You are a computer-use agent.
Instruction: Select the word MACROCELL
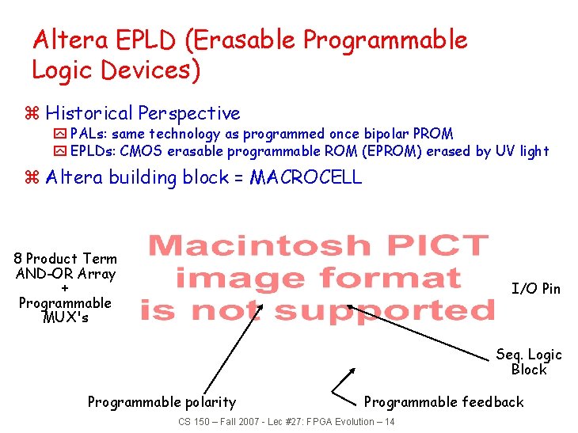click(306, 177)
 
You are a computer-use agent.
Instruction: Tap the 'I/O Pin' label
click(536, 289)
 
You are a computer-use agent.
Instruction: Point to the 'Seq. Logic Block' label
click(529, 362)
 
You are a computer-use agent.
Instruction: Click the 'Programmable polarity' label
click(162, 402)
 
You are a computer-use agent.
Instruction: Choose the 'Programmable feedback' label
click(443, 402)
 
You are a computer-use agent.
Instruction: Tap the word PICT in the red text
click(432, 247)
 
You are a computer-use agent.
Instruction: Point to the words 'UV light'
click(522, 150)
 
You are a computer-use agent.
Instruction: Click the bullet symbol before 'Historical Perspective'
click(32, 114)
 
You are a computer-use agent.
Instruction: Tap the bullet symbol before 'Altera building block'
click(32, 177)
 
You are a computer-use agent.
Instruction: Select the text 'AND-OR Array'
click(65, 274)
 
